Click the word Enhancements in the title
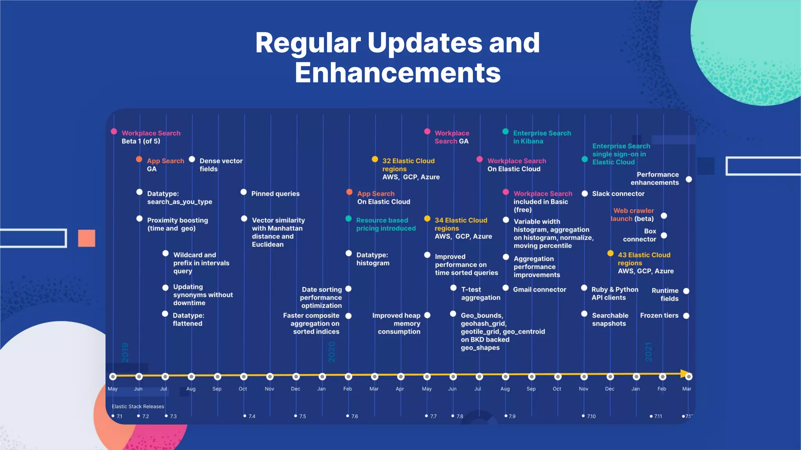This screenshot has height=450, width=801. click(397, 73)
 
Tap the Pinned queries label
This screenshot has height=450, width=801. click(275, 194)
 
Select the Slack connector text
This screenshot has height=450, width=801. click(618, 194)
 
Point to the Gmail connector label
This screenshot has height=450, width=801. click(539, 289)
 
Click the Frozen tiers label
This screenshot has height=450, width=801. click(659, 316)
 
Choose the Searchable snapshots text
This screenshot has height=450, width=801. click(610, 320)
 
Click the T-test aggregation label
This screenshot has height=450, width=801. click(480, 293)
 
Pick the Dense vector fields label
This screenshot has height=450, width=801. click(221, 165)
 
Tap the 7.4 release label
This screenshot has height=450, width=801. click(251, 416)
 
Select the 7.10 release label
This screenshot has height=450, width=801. click(591, 416)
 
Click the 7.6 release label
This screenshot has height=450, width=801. click(354, 416)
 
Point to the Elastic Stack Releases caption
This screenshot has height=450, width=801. click(138, 407)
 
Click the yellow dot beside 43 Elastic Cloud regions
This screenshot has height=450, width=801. click(610, 254)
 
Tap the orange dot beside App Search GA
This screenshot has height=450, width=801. click(139, 159)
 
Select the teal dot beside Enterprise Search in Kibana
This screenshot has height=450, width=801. click(505, 132)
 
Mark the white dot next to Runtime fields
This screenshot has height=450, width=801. click(686, 291)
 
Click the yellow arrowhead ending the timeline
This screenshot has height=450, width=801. click(685, 374)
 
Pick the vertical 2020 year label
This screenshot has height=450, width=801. click(332, 352)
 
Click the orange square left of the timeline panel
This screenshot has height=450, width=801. click(86, 238)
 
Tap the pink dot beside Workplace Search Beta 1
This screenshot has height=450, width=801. click(114, 131)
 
